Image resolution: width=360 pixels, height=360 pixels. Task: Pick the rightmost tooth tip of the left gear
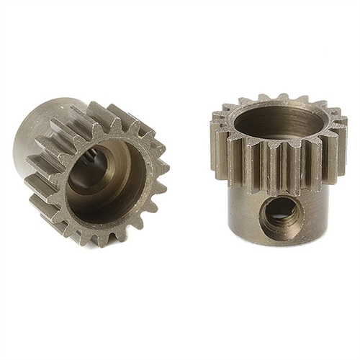pos(167,167)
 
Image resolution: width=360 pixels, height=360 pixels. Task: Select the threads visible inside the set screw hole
pos(283,212)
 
